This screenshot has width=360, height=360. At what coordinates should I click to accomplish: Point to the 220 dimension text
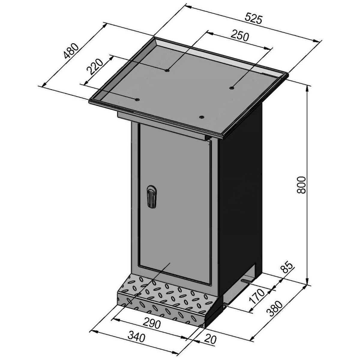click(x=95, y=67)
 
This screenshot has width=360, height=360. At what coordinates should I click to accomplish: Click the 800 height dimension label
click(x=301, y=185)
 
